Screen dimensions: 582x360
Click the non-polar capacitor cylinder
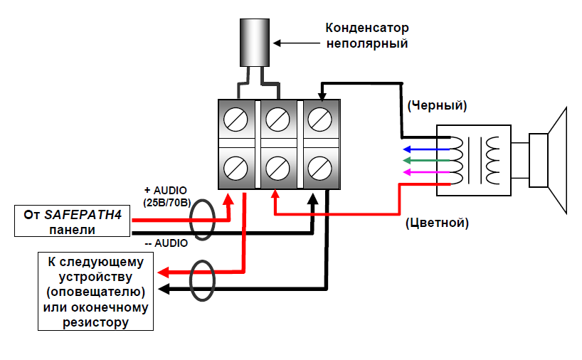255,43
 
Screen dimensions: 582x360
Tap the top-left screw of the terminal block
236,120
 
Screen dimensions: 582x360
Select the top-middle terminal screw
277,120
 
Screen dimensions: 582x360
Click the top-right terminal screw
319,120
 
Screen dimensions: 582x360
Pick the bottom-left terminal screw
236,168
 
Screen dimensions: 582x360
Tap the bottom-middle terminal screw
277,168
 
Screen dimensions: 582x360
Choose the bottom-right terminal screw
319,168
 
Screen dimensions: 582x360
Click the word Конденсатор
367,28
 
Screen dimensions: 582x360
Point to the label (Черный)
437,106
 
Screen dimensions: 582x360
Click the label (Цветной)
437,223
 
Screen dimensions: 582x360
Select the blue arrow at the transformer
426,149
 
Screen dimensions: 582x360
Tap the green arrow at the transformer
426,161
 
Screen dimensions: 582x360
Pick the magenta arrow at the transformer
426,172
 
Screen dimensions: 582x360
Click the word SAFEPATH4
83,215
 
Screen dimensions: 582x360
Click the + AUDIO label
165,191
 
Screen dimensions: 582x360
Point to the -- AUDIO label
166,243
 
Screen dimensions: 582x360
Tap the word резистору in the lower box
96,322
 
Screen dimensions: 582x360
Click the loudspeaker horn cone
558,161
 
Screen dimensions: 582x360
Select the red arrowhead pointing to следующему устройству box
164,272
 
